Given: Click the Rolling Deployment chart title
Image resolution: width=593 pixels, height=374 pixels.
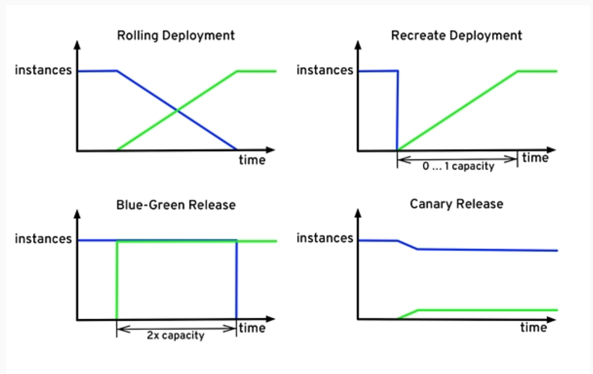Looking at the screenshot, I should pos(176,36).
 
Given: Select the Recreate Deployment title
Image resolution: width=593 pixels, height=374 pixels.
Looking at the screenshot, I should pos(457,36).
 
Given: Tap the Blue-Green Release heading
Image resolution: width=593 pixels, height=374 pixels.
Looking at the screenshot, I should pos(176,205).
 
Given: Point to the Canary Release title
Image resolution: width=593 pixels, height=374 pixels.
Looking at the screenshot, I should pos(457,204).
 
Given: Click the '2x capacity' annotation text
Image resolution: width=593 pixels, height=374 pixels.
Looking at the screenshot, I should pos(175,335).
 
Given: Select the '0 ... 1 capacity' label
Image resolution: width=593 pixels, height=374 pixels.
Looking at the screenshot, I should pos(458,166).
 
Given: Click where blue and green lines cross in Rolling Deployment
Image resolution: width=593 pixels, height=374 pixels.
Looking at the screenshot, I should pos(177,111).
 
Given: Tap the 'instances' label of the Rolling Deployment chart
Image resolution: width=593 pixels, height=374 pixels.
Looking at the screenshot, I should pos(43,70).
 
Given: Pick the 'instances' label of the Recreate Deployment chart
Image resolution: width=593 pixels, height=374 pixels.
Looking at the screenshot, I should pos(325,70).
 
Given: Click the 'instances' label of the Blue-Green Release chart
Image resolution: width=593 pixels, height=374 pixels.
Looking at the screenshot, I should pos(43,239).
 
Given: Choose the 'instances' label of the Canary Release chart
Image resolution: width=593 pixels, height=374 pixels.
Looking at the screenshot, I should pos(325,238).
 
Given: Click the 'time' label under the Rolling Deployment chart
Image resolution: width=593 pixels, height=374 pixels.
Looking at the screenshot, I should pos(252,160).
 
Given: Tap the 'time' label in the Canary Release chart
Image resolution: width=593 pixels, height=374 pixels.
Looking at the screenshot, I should pos(533,328).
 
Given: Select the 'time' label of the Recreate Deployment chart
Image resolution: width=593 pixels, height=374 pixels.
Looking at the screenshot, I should pos(535,158).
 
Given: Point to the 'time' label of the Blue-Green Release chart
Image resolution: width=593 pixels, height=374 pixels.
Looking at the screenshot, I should pos(252,328).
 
